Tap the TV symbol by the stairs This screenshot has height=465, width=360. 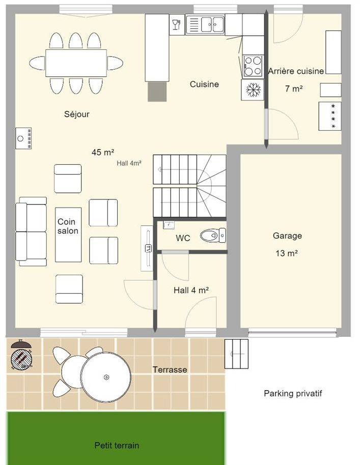(147, 248)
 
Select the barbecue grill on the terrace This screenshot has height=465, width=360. (21, 355)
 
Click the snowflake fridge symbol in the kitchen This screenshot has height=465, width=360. (253, 90)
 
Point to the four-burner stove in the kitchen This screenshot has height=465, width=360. (253, 66)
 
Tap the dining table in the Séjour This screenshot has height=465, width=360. (76, 63)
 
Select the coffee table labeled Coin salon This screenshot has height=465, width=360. (68, 235)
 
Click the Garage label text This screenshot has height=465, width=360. (287, 236)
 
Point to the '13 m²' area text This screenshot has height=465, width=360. (287, 253)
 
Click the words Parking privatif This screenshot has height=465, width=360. (293, 394)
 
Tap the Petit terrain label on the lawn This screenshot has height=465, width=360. (117, 445)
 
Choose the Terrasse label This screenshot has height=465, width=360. (170, 369)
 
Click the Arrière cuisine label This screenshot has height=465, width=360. (296, 71)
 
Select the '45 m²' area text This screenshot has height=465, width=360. (103, 153)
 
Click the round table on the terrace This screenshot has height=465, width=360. (106, 377)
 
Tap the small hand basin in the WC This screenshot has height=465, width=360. (169, 225)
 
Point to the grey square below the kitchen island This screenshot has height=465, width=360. (157, 92)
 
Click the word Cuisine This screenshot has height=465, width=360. (204, 84)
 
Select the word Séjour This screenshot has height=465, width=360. (76, 114)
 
